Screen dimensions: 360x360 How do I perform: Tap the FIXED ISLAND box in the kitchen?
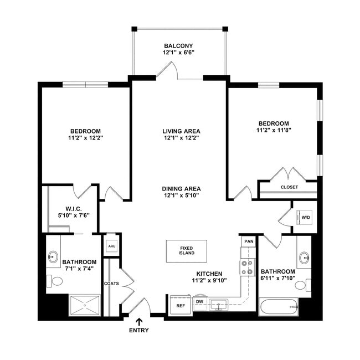(187, 251)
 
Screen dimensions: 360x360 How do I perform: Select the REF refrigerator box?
(180, 305)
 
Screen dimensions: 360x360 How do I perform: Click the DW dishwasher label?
(199, 302)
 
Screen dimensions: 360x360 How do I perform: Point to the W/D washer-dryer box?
(305, 217)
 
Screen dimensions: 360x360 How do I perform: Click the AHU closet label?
(111, 246)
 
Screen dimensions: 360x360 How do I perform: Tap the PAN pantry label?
(248, 241)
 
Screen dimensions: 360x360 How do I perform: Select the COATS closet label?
(111, 284)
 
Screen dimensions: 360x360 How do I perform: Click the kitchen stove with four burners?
(247, 268)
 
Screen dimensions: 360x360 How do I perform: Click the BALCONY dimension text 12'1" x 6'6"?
(178, 53)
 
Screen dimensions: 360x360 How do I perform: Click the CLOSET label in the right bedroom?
(289, 187)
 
